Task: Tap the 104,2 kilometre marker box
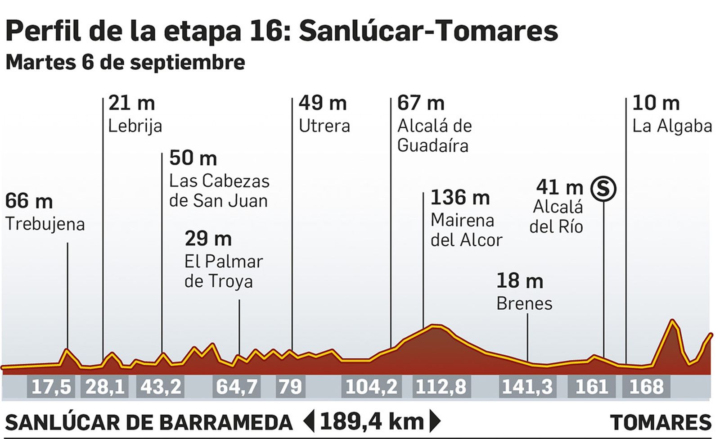tap(371, 387)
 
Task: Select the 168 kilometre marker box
tap(646, 387)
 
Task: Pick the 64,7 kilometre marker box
tap(237, 387)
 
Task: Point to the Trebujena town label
tap(45, 224)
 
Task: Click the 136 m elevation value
tap(460, 198)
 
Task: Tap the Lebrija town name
tap(135, 126)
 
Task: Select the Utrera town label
tap(324, 126)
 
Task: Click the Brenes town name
tap(524, 303)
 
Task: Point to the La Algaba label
tap(672, 126)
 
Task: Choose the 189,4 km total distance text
tap(372, 422)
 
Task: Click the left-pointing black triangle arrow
tap(309, 422)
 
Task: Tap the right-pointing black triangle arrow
tap(435, 422)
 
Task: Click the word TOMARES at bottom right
tap(661, 423)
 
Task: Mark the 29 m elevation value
tap(208, 239)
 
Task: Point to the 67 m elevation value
tap(421, 103)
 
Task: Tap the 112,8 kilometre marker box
tap(441, 387)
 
